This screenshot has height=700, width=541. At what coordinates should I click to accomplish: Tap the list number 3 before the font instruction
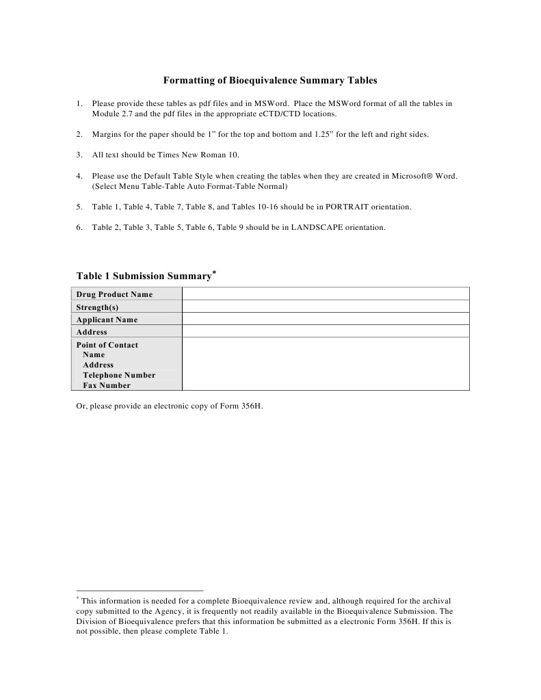tap(79, 155)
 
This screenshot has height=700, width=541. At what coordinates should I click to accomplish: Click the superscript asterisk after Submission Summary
tap(214, 272)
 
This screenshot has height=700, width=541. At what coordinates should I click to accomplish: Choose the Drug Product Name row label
tap(114, 294)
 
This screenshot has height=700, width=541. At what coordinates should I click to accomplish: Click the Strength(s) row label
tap(97, 307)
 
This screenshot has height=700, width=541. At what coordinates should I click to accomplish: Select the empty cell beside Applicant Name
tap(326, 320)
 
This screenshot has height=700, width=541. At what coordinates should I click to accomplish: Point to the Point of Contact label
tap(107, 345)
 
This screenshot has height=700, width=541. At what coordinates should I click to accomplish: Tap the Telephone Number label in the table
tap(119, 375)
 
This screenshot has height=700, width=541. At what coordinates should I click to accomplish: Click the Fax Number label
tap(107, 385)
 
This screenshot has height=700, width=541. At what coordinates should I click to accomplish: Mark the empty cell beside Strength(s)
tap(326, 307)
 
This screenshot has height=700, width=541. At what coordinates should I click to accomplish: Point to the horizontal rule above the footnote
tap(140, 590)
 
